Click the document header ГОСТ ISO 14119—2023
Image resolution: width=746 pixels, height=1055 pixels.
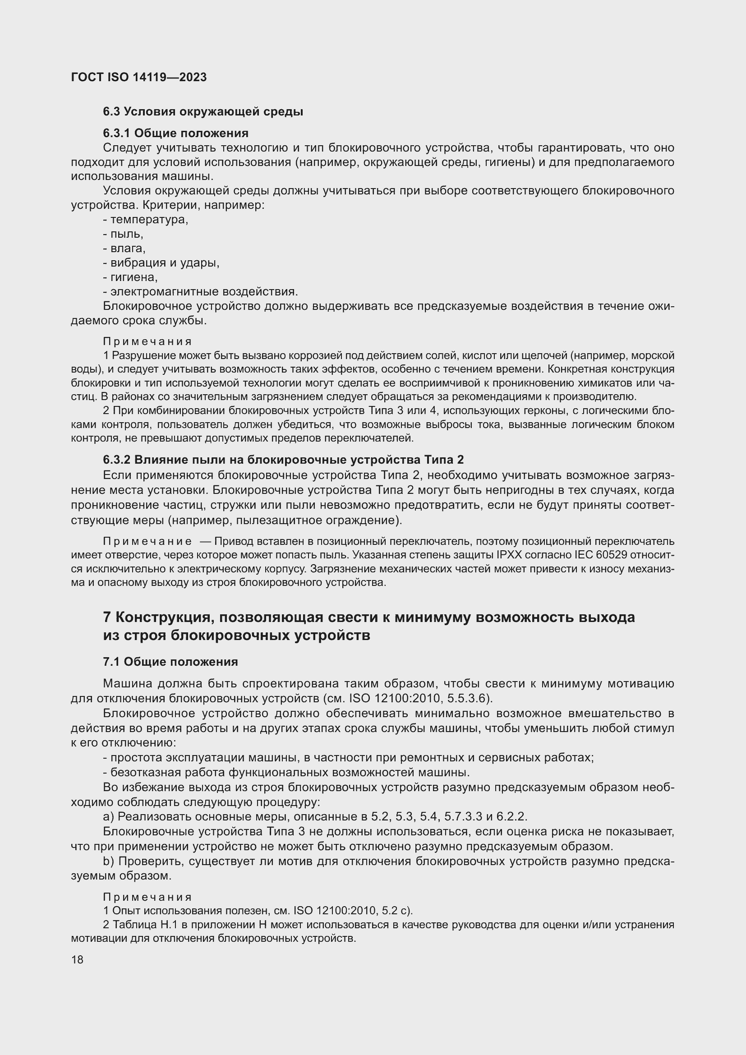click(x=139, y=77)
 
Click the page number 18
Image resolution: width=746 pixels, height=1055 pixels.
click(x=77, y=959)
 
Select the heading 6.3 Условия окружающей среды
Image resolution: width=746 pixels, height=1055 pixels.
click(x=203, y=112)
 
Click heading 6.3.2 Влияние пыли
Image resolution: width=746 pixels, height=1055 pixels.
click(x=283, y=460)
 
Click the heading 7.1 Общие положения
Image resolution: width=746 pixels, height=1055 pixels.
click(x=170, y=662)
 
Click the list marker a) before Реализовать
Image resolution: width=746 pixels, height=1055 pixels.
click(x=108, y=816)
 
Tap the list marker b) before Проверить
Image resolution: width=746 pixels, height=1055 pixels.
click(x=108, y=861)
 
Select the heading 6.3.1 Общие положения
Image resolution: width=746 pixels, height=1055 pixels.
click(x=175, y=133)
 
